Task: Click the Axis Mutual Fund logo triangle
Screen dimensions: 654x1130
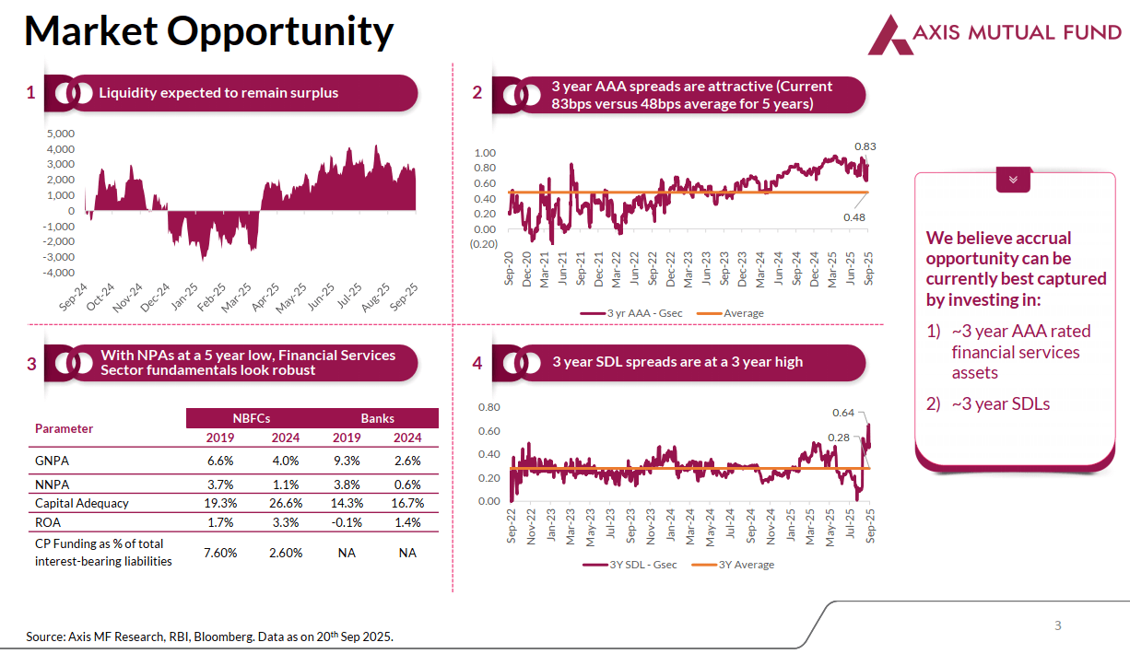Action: [889, 34]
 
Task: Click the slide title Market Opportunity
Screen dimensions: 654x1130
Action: [208, 31]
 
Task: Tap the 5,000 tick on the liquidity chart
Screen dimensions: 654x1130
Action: [60, 134]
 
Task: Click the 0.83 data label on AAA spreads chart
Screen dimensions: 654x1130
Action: [865, 146]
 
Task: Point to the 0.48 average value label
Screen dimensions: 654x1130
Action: [853, 217]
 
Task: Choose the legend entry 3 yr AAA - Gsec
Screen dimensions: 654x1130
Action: [632, 313]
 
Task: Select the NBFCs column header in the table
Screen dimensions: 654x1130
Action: [250, 418]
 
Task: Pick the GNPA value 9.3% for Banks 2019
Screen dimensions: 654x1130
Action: [347, 461]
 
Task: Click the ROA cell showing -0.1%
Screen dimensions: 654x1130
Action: [347, 522]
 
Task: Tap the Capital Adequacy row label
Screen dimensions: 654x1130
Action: [82, 503]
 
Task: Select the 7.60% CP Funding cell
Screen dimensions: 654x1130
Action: [220, 553]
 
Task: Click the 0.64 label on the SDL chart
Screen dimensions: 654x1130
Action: [843, 413]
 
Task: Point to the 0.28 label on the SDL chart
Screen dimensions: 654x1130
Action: [838, 438]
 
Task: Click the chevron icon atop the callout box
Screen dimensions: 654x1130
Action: [1013, 180]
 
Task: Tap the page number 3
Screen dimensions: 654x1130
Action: [1058, 626]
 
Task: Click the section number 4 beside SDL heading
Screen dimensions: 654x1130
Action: [477, 363]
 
